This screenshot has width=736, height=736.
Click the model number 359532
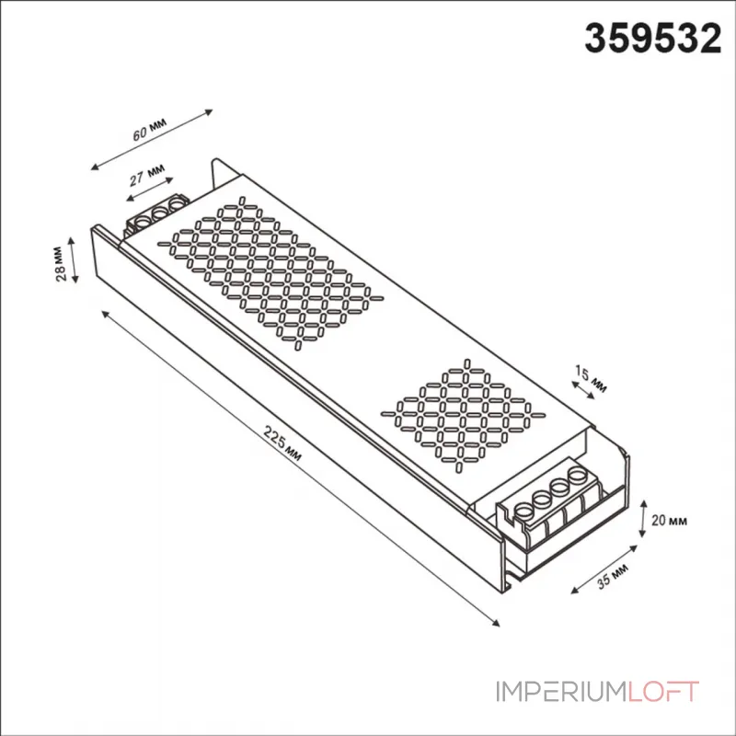pyautogui.click(x=652, y=39)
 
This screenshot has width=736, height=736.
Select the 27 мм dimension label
pyautogui.click(x=147, y=175)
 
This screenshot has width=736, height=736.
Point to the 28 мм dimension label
pyautogui.click(x=59, y=264)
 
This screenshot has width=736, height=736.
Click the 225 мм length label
pyautogui.click(x=282, y=443)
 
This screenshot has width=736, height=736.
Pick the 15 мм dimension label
pyautogui.click(x=591, y=379)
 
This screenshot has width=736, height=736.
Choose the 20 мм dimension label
pyautogui.click(x=669, y=520)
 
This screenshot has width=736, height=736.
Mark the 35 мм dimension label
pyautogui.click(x=613, y=576)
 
